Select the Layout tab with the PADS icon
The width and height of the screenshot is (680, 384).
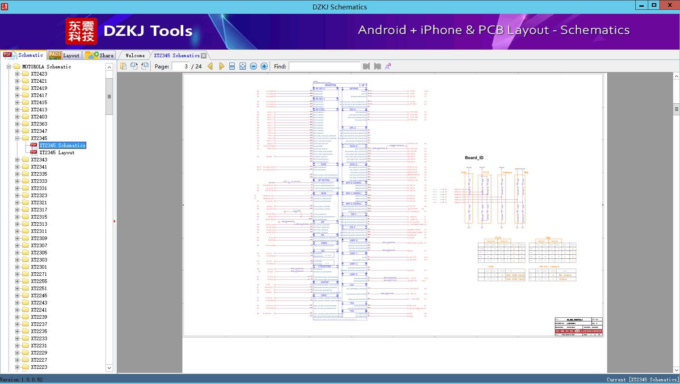(x=64, y=55)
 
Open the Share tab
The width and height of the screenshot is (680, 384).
(x=100, y=55)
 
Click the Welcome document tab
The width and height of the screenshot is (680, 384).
(x=135, y=55)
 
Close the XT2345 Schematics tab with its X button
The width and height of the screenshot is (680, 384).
(x=204, y=56)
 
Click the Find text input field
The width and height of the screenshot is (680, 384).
(x=324, y=66)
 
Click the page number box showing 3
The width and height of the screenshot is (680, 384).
(x=180, y=66)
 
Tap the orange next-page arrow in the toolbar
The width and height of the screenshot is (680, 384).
(x=221, y=66)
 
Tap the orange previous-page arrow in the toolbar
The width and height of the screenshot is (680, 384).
(x=210, y=66)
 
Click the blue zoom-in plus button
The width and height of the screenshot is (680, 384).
(x=264, y=66)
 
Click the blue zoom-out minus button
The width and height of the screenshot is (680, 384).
(x=253, y=66)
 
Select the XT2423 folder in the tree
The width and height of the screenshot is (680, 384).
(x=39, y=74)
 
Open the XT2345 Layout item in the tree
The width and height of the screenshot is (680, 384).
(x=57, y=152)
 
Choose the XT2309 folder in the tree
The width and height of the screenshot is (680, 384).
(x=39, y=238)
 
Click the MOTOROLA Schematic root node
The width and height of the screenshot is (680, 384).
(x=46, y=67)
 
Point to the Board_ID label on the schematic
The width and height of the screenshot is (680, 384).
(x=474, y=158)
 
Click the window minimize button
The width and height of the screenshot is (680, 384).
(x=642, y=5)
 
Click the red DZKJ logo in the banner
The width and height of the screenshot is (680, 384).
(x=81, y=31)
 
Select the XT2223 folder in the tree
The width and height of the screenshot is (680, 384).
(x=39, y=367)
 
